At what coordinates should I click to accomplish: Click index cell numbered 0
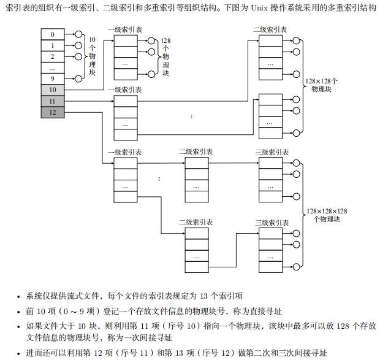pos(53,34)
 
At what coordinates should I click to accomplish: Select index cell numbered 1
pos(53,45)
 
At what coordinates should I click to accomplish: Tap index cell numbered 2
pos(53,56)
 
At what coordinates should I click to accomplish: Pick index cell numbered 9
pos(53,79)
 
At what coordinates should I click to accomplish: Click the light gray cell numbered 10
pos(53,90)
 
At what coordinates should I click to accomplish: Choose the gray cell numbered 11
pos(53,101)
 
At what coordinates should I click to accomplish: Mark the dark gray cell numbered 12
pos(53,112)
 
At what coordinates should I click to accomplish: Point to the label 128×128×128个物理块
pos(327,215)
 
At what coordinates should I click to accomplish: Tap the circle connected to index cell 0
pos(78,34)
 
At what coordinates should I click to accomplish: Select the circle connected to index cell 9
pos(78,79)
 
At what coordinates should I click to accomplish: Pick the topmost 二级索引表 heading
pos(270,29)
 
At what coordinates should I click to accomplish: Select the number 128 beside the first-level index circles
pos(165,40)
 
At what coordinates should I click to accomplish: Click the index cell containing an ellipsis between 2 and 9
pos(53,67)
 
